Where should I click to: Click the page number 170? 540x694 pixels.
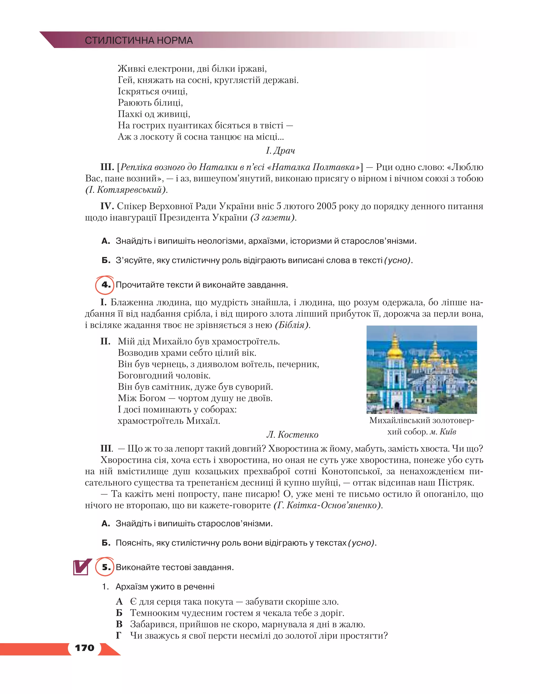[x=85, y=648]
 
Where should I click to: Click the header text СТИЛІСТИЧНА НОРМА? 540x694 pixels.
[x=139, y=40]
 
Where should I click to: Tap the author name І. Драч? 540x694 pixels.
[x=280, y=150]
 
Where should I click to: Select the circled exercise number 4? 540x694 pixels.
[x=105, y=284]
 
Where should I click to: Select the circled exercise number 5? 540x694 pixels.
[x=105, y=567]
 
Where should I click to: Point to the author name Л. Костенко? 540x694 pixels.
[x=292, y=434]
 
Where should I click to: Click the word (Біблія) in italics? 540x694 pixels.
[x=292, y=325]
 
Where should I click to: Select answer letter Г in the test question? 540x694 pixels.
[x=119, y=635]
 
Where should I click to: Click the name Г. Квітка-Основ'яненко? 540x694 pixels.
[x=327, y=505]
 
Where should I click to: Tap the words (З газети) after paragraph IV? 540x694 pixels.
[x=273, y=218]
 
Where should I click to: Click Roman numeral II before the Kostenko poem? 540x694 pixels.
[x=105, y=341]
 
